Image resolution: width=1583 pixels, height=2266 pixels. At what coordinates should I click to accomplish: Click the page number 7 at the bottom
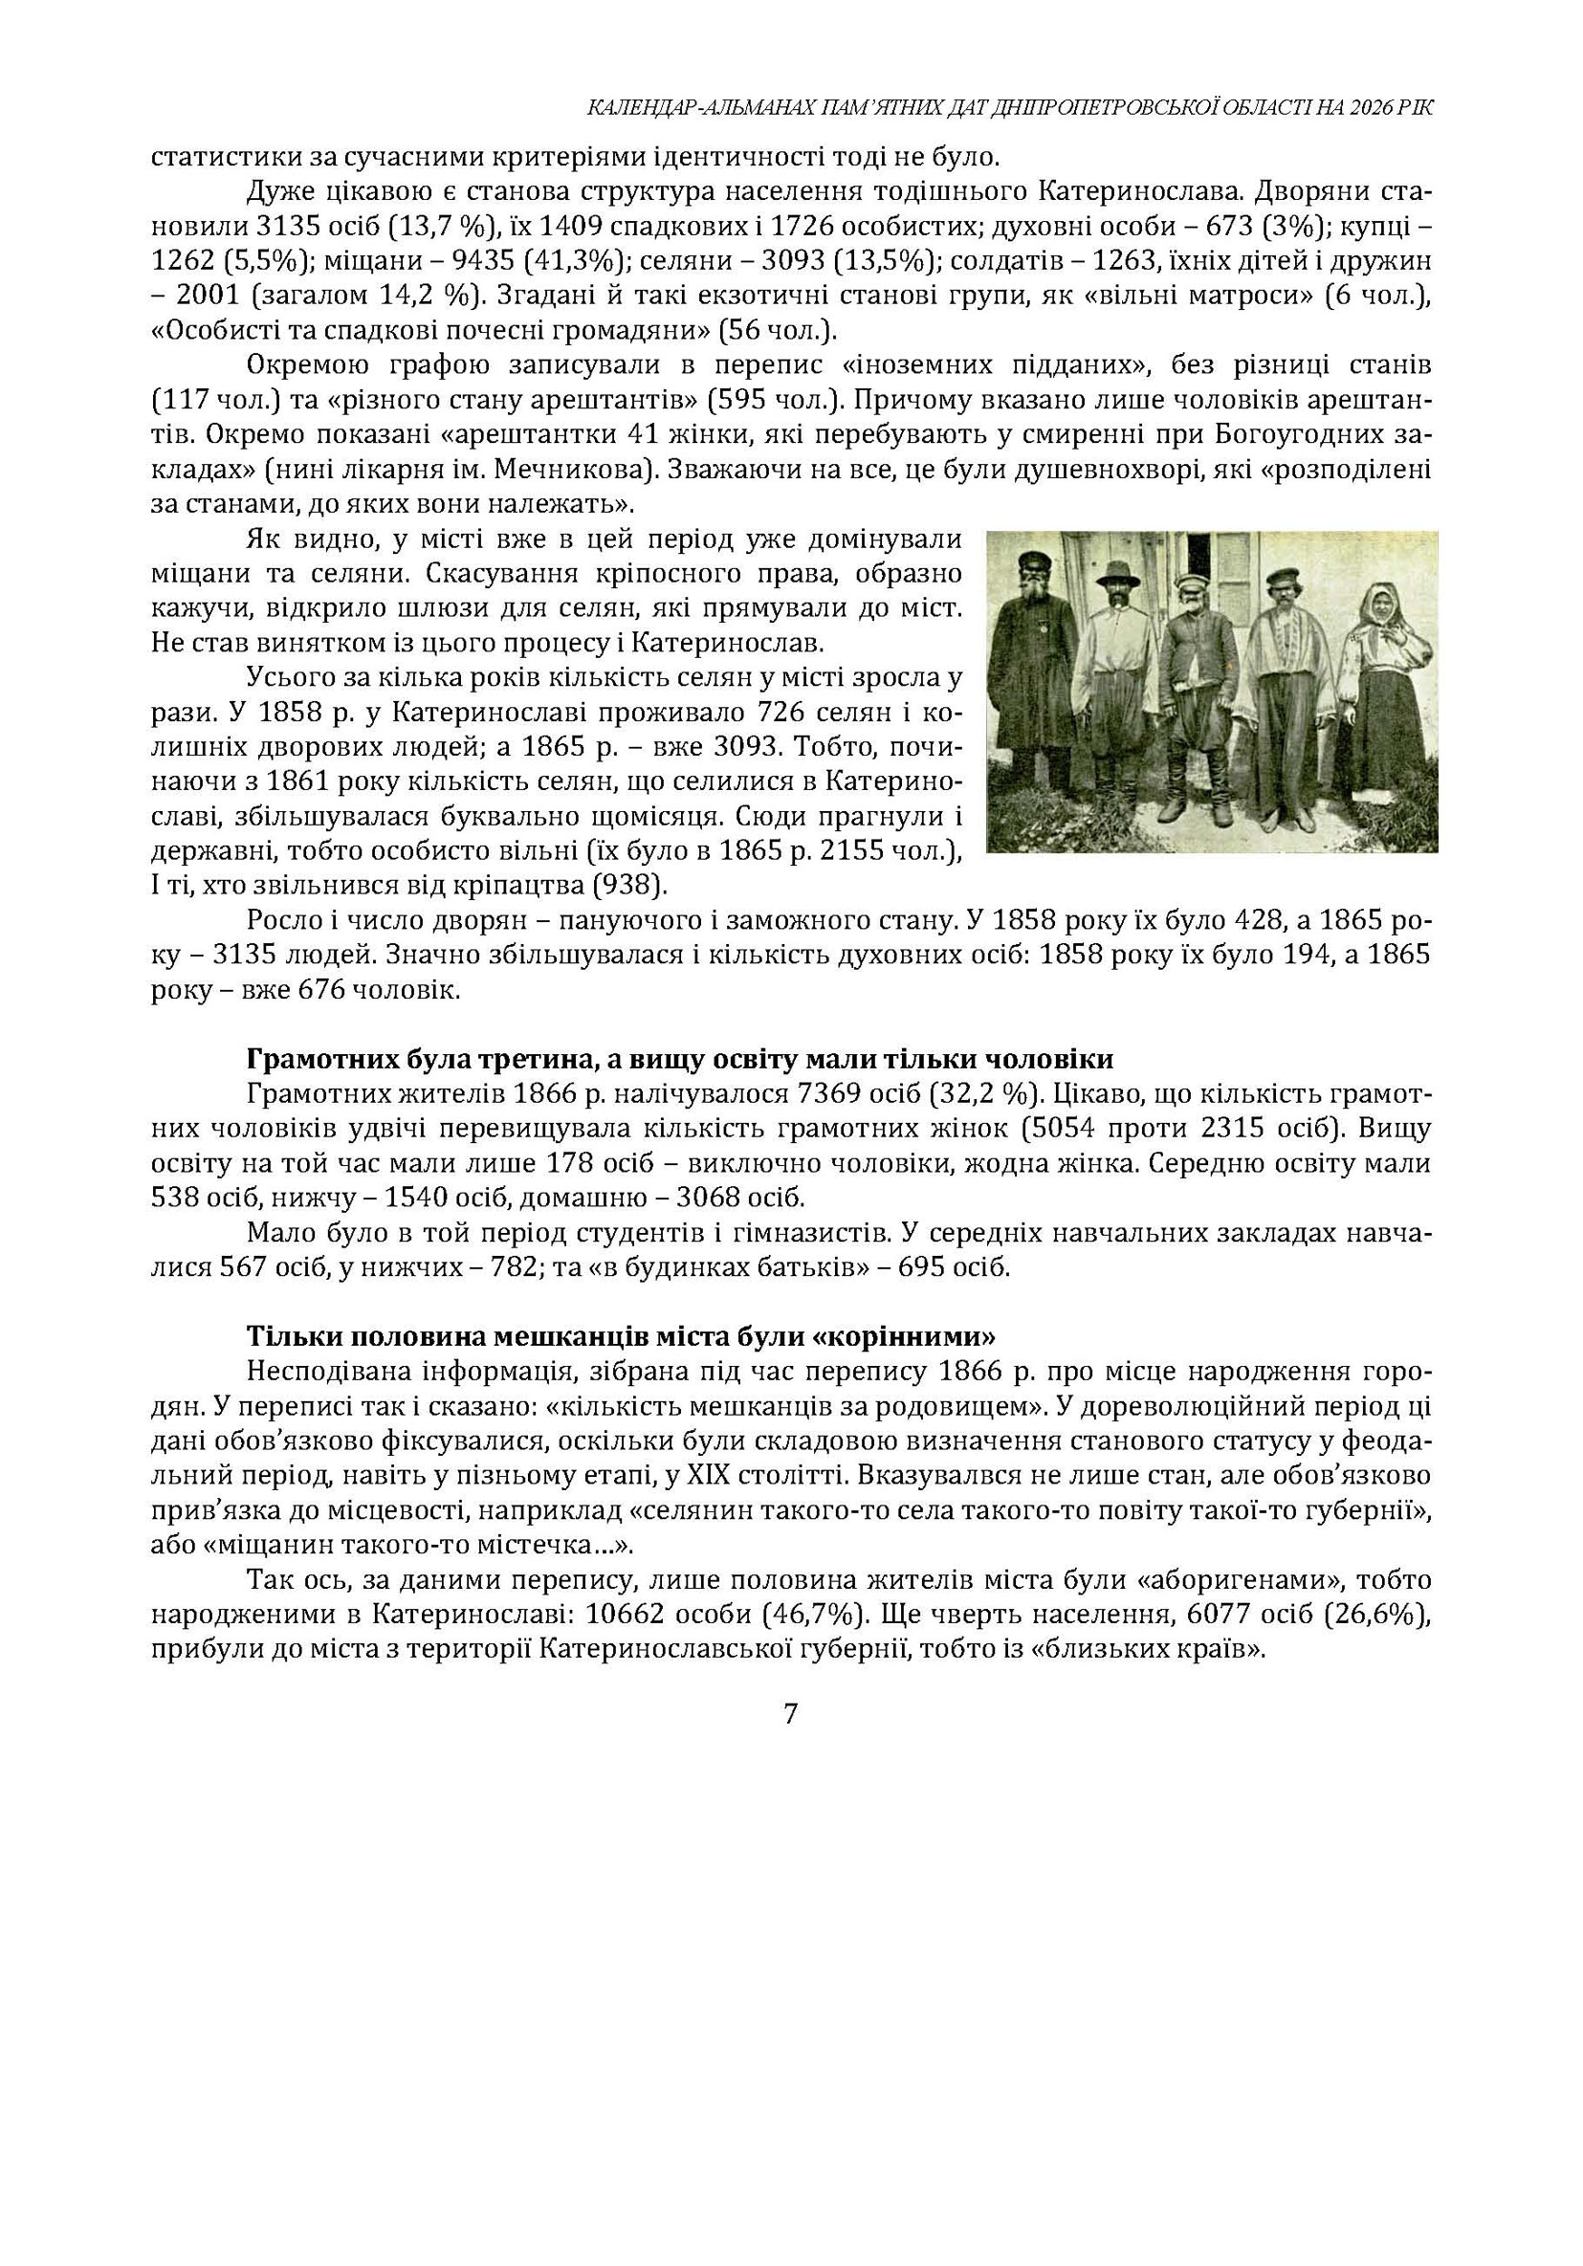click(x=789, y=1714)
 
